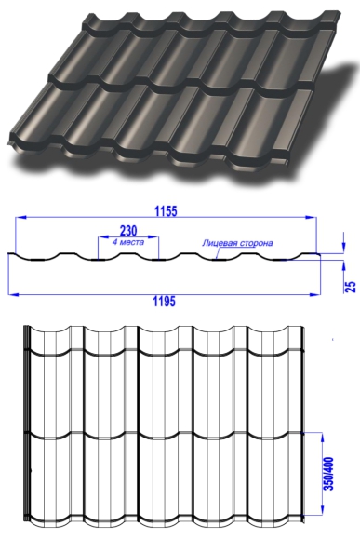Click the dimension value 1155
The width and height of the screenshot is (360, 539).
tap(166, 211)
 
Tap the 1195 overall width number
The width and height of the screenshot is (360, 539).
tap(165, 302)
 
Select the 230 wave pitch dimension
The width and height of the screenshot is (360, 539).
tap(128, 230)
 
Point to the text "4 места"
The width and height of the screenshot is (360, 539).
tap(128, 242)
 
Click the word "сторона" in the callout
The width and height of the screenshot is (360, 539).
tap(254, 243)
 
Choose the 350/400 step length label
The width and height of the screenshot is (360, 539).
tap(329, 473)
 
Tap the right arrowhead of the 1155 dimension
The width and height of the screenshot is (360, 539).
tap(311, 217)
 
